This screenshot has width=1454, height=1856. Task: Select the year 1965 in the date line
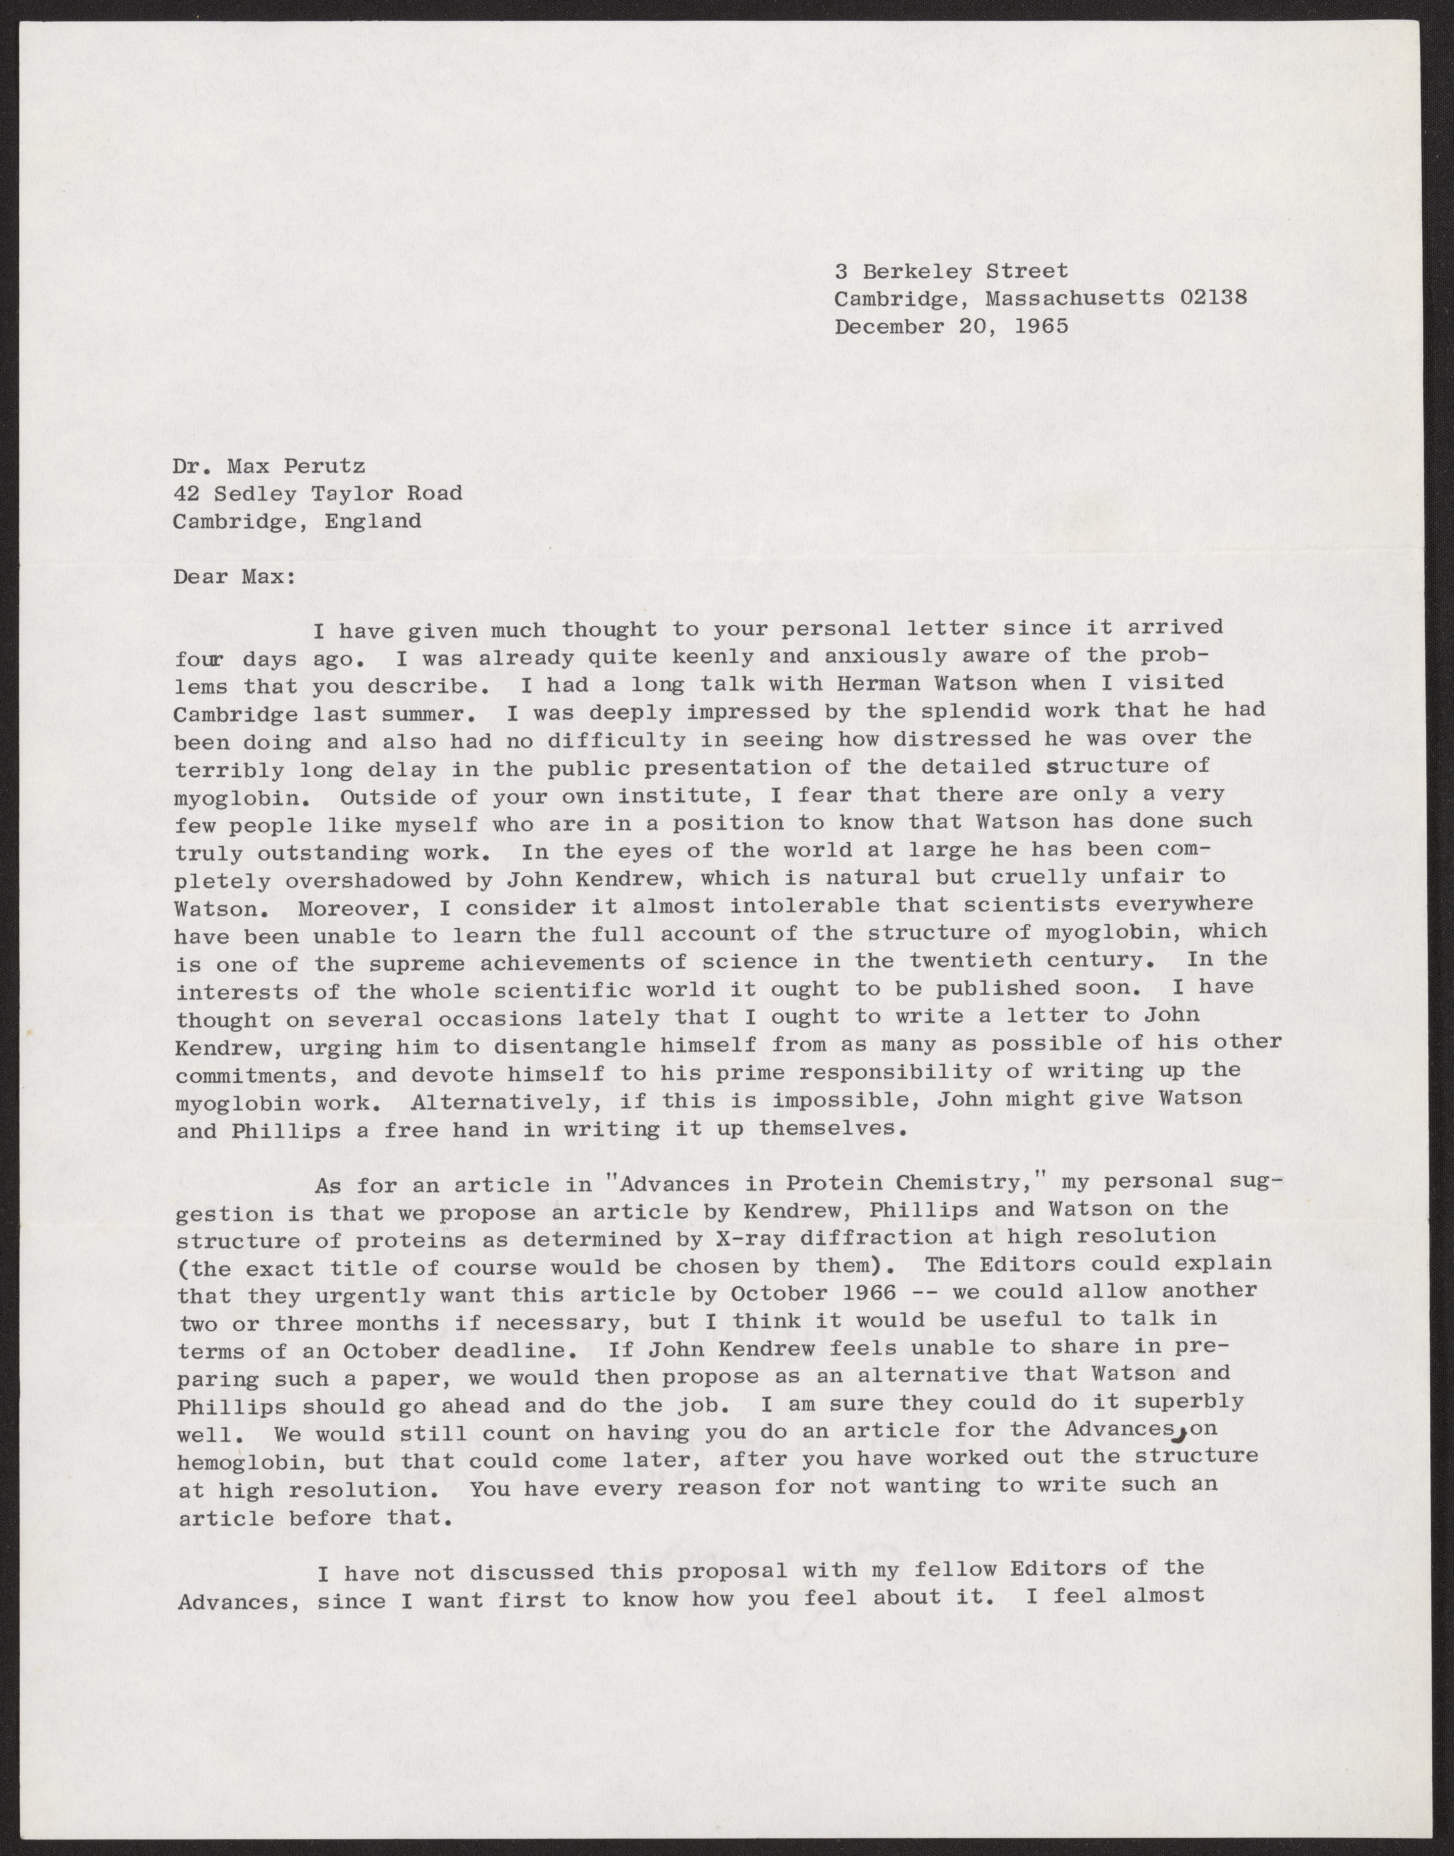click(x=1041, y=326)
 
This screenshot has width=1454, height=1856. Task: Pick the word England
click(x=373, y=521)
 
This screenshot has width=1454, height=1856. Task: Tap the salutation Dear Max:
click(x=234, y=577)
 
